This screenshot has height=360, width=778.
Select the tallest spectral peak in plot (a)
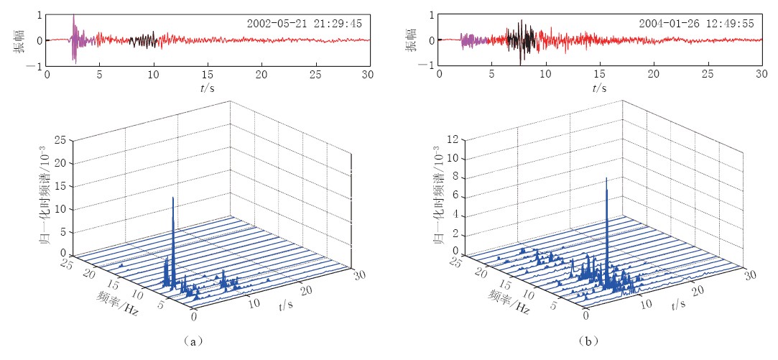(x=173, y=198)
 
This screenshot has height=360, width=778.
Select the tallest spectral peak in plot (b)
(x=607, y=179)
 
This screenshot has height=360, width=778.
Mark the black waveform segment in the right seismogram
(x=521, y=40)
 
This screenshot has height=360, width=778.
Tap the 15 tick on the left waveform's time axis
(x=208, y=75)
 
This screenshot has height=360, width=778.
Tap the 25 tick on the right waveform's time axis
(x=708, y=75)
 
